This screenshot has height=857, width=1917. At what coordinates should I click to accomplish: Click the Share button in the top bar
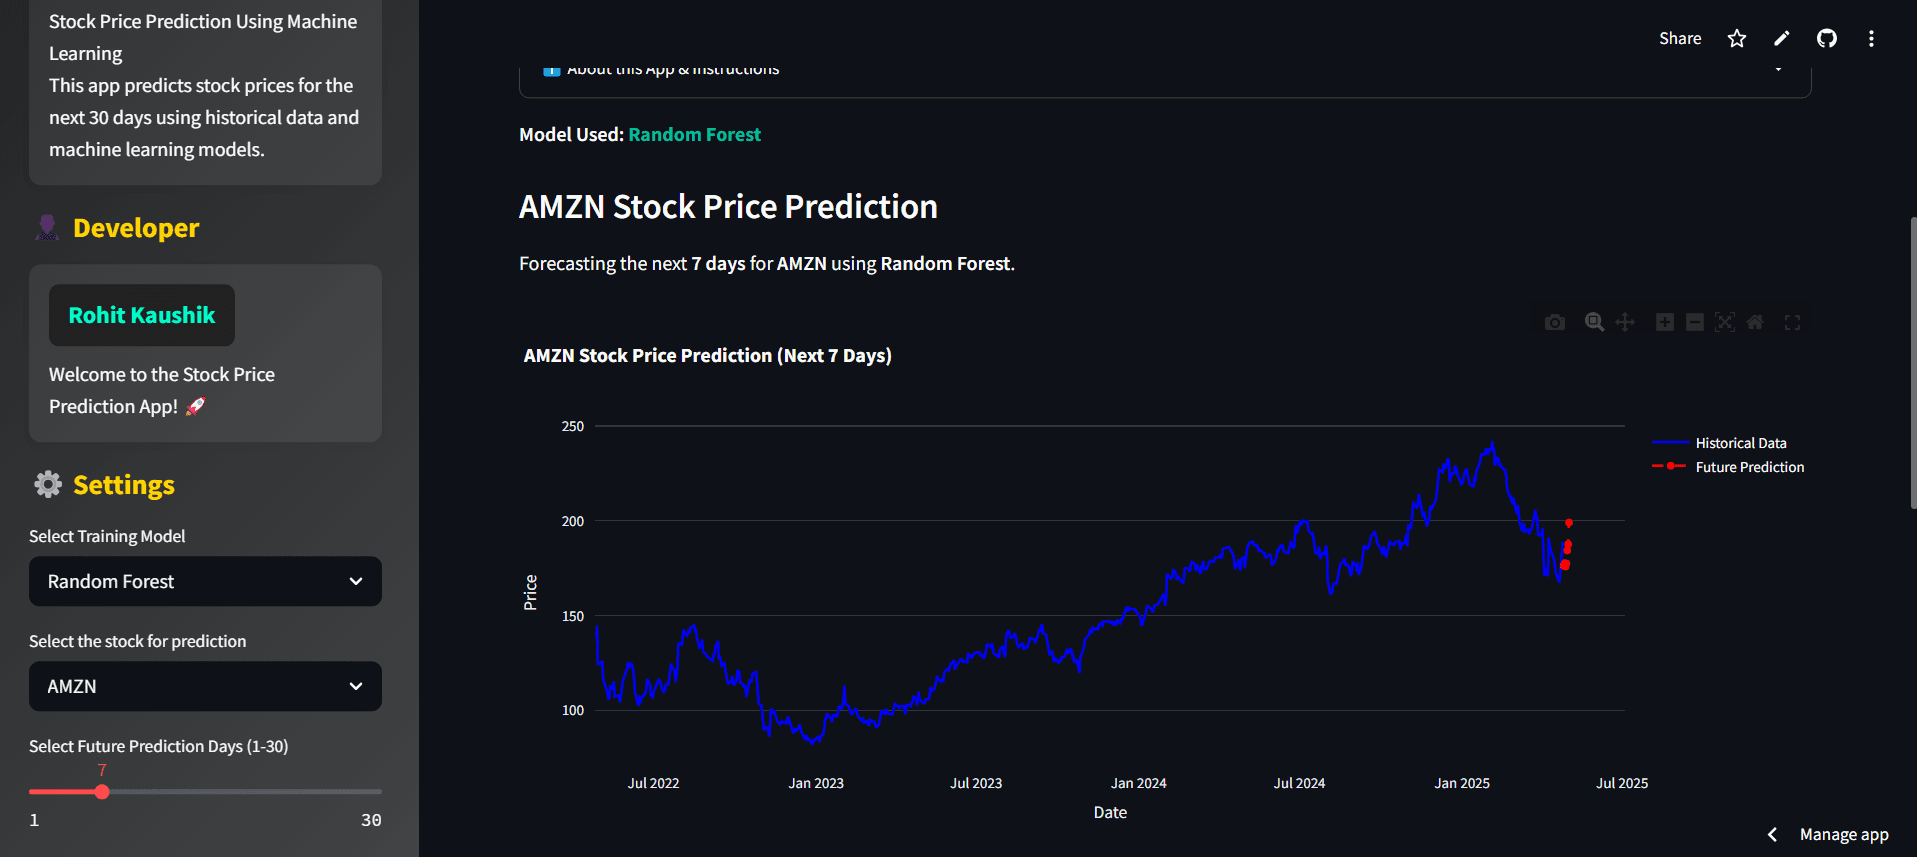pos(1679,39)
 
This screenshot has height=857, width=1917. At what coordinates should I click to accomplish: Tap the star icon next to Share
pos(1736,39)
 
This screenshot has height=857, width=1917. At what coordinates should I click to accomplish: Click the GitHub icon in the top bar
pos(1826,39)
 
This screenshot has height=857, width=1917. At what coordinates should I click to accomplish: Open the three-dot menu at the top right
pos(1870,39)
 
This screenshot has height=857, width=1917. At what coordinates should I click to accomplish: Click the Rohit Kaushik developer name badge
pos(142,316)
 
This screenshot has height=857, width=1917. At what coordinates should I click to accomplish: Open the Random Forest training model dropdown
pos(205,582)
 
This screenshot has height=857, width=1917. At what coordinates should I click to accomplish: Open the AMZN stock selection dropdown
pos(205,687)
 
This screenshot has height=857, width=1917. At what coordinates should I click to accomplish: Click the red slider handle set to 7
pos(102,792)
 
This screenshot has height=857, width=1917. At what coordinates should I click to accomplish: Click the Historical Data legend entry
pos(1740,443)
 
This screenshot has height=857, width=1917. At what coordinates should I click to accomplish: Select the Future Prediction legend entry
pos(1749,467)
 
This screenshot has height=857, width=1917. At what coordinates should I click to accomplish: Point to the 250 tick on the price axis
pos(573,426)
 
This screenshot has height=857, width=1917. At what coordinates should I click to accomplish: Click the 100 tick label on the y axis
pos(573,711)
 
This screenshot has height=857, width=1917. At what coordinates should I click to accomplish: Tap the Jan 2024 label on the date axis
pos(1138,783)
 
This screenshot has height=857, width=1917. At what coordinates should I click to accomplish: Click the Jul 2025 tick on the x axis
pos(1621,783)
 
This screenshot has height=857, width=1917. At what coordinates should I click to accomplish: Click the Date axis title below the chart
pos(1110,813)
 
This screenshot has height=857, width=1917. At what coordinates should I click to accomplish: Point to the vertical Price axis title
pos(531,592)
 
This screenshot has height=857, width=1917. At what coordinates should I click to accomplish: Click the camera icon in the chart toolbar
pos(1554,322)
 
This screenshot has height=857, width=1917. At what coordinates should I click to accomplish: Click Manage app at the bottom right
pos(1843,834)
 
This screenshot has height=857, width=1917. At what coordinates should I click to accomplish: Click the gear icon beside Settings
pos(48,485)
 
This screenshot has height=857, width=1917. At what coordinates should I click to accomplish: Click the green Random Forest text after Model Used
pos(694,135)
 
